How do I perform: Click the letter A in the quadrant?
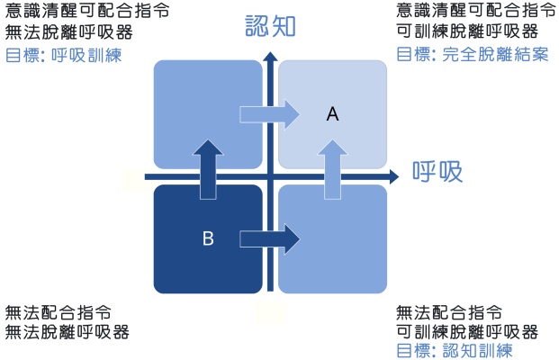pos(333,114)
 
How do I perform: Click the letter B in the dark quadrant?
pos(208,238)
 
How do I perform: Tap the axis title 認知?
pos(271,26)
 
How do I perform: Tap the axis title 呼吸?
pos(437,172)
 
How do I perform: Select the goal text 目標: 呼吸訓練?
pos(64,55)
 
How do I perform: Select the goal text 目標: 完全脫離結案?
pos(473,55)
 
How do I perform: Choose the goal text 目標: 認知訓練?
pos(455,351)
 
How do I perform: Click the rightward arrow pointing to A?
pos(270,114)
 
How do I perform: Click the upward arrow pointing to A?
pos(333,169)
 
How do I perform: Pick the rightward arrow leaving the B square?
pos(270,238)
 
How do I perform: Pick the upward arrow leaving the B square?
pos(208,169)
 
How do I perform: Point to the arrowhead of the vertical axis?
pos(271,57)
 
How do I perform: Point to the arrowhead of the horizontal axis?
pos(394,176)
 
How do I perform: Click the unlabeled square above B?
pos(208,114)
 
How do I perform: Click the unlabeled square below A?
pos(333,238)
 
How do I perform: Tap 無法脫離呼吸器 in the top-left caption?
pos(69,32)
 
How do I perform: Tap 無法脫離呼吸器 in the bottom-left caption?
pos(68,332)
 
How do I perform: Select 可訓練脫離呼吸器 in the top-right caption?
pos(467,31)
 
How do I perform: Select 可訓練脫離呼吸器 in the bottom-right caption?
pos(467,332)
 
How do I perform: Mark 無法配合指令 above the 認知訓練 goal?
pos(449,313)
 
